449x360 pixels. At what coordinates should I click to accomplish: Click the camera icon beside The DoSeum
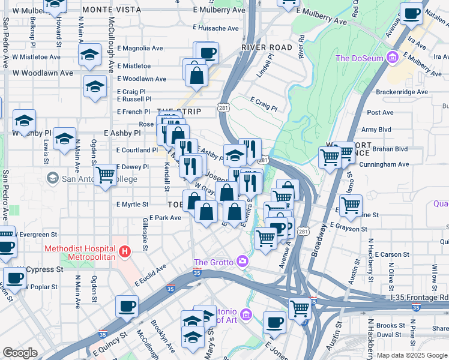(393, 58)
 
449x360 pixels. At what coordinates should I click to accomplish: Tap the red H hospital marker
(125, 251)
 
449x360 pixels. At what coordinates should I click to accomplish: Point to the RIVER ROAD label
(267, 47)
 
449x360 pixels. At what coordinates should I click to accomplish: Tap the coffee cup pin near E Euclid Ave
(127, 305)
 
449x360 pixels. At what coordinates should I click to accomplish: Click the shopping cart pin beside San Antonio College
(106, 175)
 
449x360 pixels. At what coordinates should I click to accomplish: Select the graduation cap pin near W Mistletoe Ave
(89, 55)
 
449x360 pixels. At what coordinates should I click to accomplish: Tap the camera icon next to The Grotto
(242, 261)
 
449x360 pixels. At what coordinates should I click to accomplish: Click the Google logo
(20, 352)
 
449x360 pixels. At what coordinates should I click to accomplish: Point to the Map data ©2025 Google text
(412, 355)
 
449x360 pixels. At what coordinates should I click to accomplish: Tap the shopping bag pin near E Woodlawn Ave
(196, 75)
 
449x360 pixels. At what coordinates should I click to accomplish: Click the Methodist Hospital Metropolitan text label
(79, 253)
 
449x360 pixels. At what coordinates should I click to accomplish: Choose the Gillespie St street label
(145, 231)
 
